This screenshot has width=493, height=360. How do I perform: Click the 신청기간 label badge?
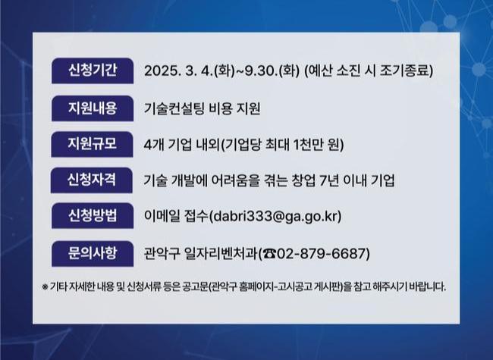point(93,70)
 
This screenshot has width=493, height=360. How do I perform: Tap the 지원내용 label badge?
point(93,108)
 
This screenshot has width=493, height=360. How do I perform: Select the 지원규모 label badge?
point(92,144)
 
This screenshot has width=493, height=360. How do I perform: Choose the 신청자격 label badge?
point(92,180)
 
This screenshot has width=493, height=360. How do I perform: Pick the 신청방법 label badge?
point(93,216)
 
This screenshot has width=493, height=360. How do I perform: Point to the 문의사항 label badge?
point(93,253)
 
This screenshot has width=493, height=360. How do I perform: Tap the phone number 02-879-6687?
point(322,253)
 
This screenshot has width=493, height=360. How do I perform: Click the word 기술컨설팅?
point(174,108)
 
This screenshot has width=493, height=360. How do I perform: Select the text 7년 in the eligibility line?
point(328,180)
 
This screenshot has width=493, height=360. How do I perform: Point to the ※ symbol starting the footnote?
point(45,286)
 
